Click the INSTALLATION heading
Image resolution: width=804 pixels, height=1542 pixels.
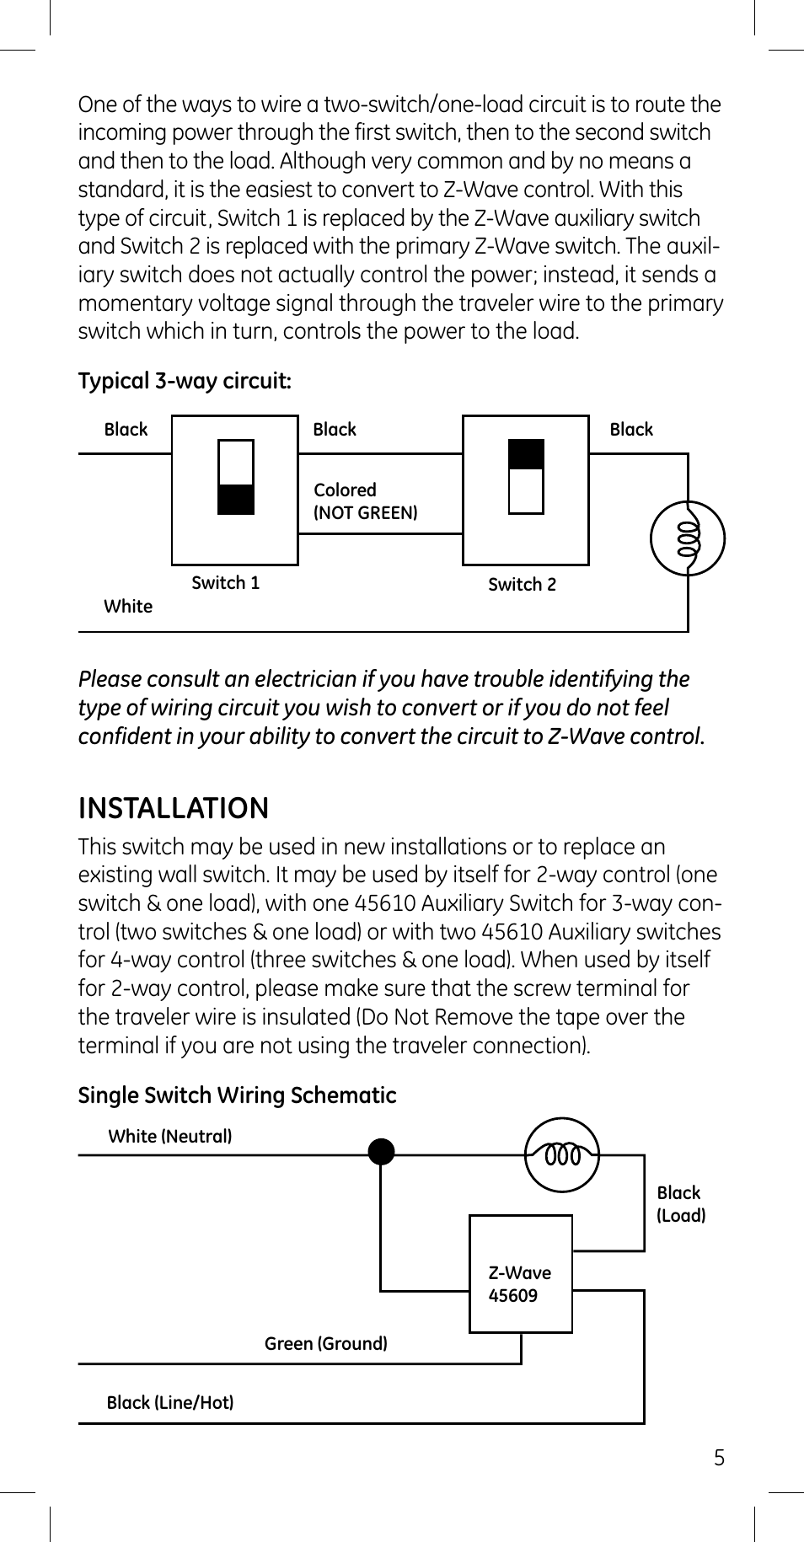[x=174, y=808]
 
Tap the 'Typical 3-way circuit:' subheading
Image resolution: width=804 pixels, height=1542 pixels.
[x=185, y=381]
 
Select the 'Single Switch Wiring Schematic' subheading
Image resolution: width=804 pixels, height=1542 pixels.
[x=237, y=1095]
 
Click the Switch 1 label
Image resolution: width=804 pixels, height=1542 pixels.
[x=225, y=582]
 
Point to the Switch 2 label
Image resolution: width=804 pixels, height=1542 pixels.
[x=522, y=584]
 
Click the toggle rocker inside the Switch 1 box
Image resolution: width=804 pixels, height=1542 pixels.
[x=236, y=477]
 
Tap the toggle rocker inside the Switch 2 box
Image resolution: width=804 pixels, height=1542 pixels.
[x=526, y=476]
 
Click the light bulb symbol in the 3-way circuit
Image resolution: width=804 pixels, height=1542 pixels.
[x=688, y=538]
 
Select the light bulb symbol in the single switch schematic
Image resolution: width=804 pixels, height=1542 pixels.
[x=562, y=1154]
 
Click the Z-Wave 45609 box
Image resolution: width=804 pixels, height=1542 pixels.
[x=520, y=1273]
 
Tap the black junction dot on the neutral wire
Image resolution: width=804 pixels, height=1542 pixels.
[x=381, y=1151]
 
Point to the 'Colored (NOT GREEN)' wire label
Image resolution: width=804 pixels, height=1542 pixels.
[x=365, y=501]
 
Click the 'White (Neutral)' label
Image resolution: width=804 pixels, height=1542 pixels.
[x=169, y=1136]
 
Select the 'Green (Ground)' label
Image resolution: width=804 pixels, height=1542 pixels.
[x=325, y=1343]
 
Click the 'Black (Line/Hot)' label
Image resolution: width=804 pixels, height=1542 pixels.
[x=169, y=1402]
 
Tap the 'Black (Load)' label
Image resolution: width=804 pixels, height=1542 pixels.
[x=680, y=1203]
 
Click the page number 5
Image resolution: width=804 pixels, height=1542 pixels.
[x=719, y=1458]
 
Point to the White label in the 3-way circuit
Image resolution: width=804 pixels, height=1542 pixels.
[x=128, y=606]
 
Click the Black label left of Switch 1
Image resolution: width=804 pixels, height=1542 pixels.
[x=126, y=429]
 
